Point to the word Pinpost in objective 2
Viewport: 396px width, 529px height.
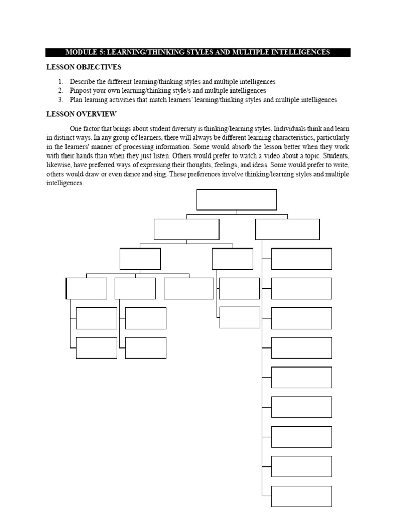tap(81, 90)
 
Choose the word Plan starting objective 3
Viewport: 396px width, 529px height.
tap(77, 100)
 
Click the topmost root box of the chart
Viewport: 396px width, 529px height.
tap(237, 199)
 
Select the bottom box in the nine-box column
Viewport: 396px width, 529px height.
tap(301, 496)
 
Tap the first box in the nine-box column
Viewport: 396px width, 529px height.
tap(301, 259)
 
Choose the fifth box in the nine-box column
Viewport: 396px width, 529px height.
tap(301, 378)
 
